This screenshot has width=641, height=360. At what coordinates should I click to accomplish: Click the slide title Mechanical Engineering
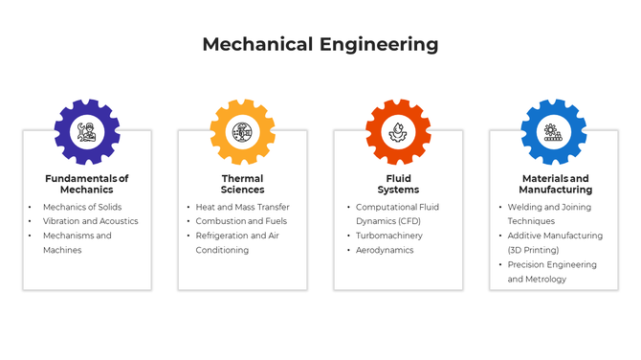pyautogui.click(x=320, y=44)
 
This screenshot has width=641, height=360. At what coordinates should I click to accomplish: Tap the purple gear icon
pyautogui.click(x=87, y=131)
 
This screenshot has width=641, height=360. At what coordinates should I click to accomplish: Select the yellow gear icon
pyautogui.click(x=242, y=131)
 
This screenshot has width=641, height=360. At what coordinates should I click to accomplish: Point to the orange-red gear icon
pyautogui.click(x=398, y=131)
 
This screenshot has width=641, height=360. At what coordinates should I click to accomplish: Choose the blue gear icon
pyautogui.click(x=553, y=131)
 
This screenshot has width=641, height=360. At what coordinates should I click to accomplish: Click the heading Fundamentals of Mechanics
pyautogui.click(x=87, y=184)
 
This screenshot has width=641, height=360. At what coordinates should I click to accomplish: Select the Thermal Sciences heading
pyautogui.click(x=242, y=184)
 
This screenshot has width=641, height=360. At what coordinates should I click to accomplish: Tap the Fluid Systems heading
pyautogui.click(x=398, y=184)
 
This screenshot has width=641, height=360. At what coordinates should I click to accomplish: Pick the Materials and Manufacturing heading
pyautogui.click(x=555, y=184)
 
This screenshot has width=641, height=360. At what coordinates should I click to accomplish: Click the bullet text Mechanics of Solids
pyautogui.click(x=82, y=207)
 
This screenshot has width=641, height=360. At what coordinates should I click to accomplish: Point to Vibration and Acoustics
pyautogui.click(x=90, y=221)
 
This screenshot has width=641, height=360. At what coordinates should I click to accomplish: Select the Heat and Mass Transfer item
pyautogui.click(x=242, y=207)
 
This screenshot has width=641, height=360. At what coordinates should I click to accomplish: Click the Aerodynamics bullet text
pyautogui.click(x=385, y=250)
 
